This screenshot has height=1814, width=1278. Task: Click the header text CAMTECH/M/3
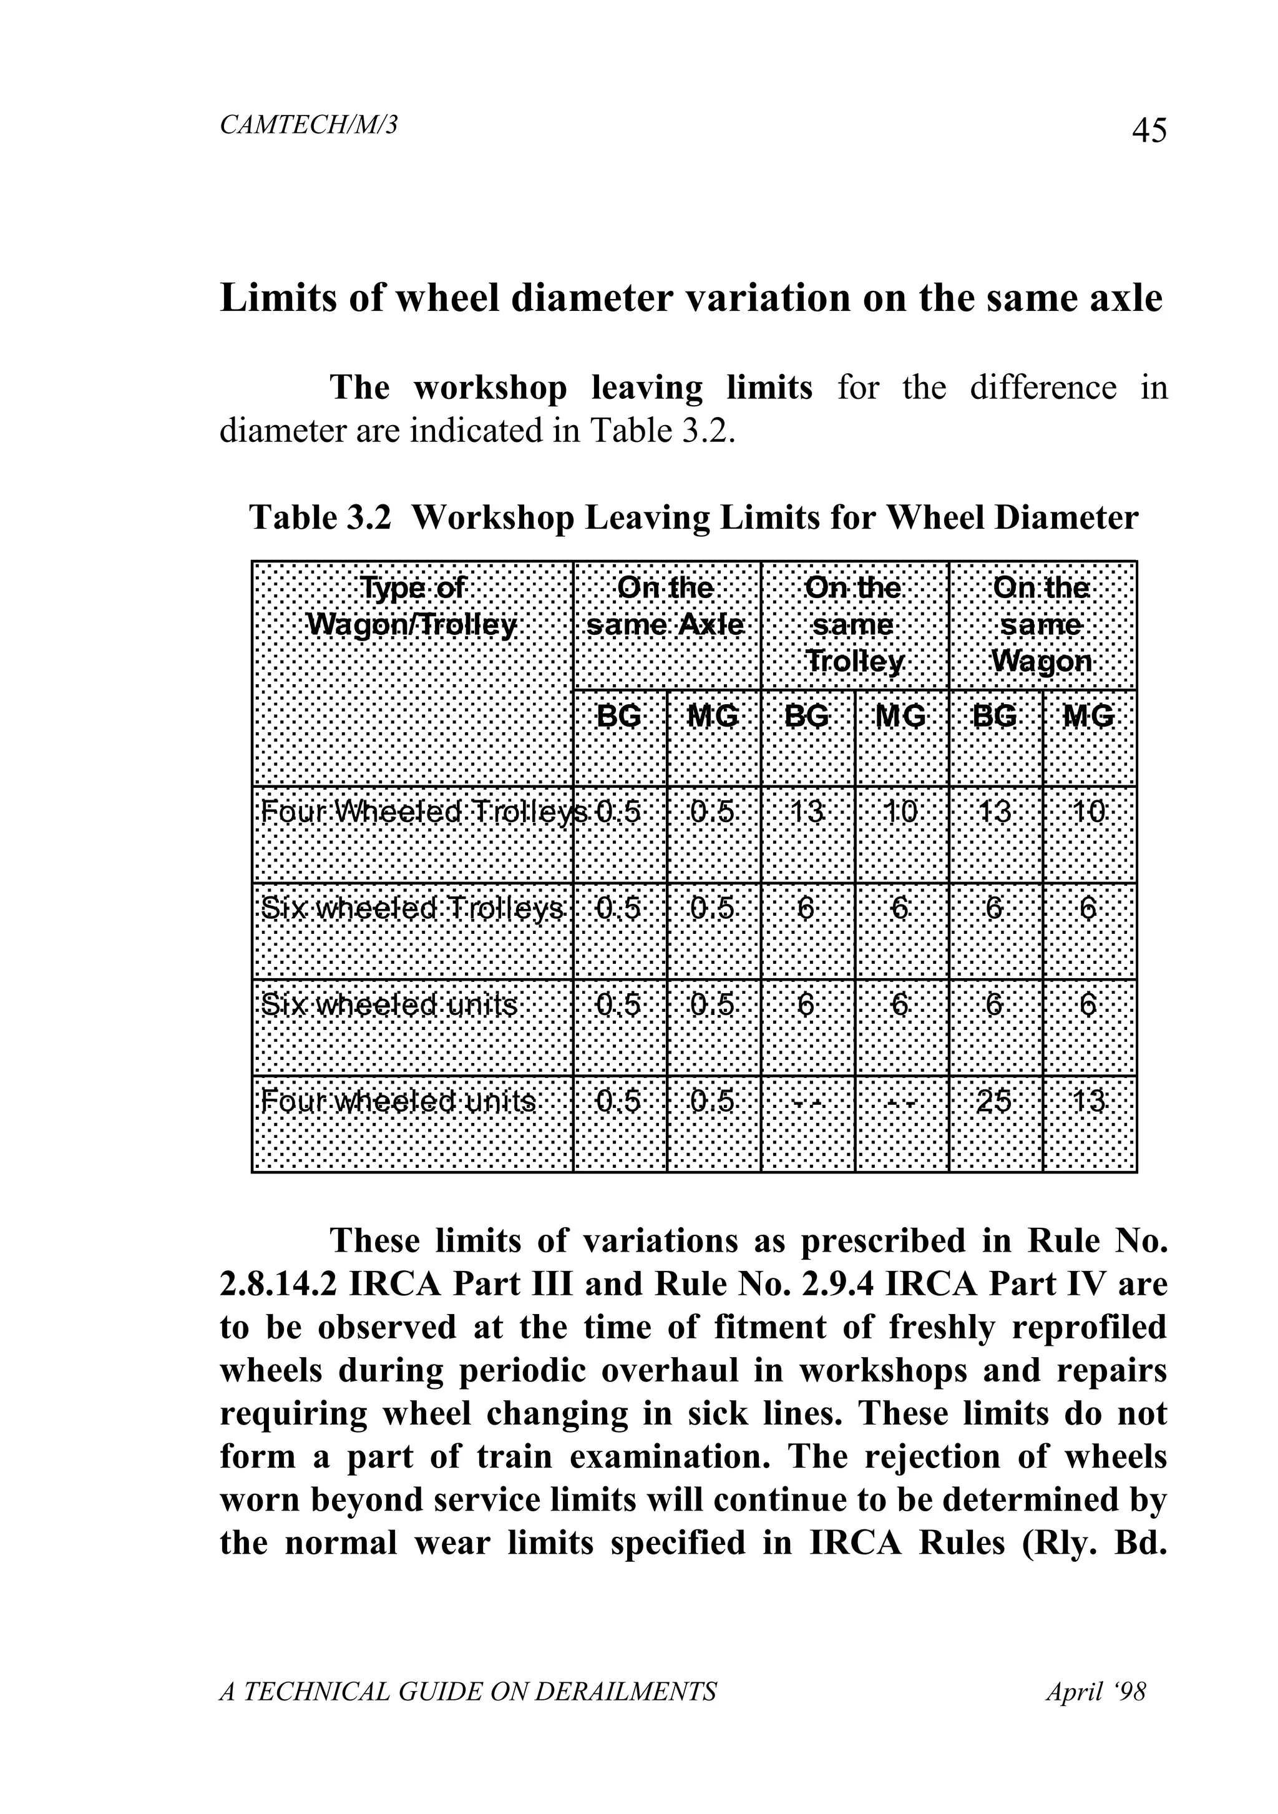(308, 124)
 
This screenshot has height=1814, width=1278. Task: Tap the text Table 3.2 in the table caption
(320, 517)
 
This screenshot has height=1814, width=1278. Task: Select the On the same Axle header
(665, 606)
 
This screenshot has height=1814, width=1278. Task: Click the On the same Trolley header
(853, 624)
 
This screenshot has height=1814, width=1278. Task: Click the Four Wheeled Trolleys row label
(423, 812)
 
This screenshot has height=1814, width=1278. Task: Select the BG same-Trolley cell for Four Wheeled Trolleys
(806, 812)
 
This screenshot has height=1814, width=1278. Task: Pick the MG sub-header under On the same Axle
(713, 717)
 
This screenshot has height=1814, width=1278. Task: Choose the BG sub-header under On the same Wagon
(995, 717)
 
